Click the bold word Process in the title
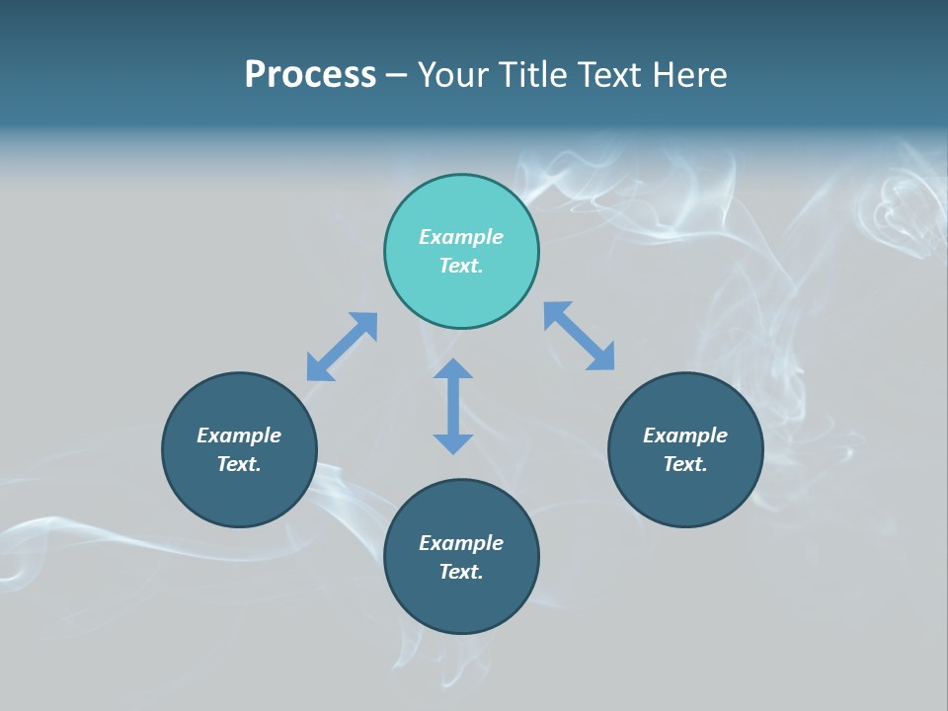point(310,75)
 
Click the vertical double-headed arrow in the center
point(453,406)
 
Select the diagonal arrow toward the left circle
point(342,347)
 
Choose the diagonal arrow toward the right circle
point(580,336)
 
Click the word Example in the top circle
point(461,237)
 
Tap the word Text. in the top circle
point(461,266)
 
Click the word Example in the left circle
point(239,435)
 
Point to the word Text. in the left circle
point(239,464)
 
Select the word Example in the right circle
point(685,435)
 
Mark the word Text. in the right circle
point(685,464)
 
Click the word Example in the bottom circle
point(461,543)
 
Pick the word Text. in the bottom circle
point(461,572)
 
